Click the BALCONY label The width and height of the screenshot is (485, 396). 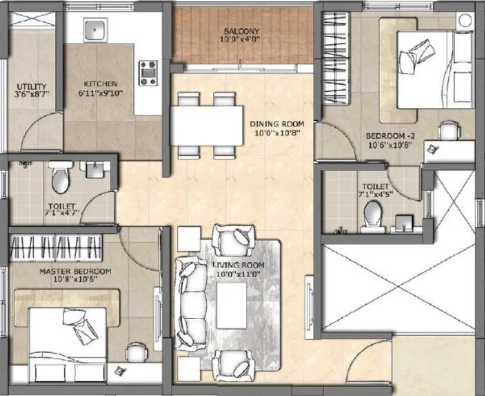coord(242,31)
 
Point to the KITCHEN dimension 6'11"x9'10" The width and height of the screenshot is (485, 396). coord(100,93)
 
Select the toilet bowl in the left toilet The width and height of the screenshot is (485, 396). coord(60,178)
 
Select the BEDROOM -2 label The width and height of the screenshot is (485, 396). coord(388,136)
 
